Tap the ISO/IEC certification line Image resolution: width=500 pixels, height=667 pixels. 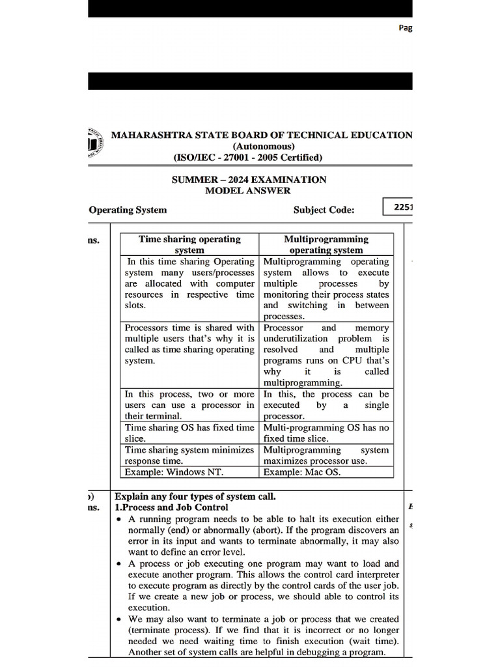[x=247, y=157]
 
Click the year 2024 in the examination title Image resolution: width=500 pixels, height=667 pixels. [x=243, y=179]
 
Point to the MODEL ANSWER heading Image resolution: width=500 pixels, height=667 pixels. [x=248, y=190]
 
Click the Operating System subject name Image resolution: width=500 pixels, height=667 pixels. [x=128, y=210]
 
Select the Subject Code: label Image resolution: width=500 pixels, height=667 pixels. [x=324, y=210]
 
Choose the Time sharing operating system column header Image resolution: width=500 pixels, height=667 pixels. [x=189, y=244]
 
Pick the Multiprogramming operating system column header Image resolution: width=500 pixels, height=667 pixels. [x=326, y=244]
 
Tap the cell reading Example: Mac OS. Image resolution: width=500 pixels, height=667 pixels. [x=301, y=472]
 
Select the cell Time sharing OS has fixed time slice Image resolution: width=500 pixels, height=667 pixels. [x=189, y=433]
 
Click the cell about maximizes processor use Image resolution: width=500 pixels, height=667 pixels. [x=326, y=455]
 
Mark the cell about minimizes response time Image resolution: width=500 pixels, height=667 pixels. [x=189, y=455]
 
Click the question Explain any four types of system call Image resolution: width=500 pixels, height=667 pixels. [x=195, y=496]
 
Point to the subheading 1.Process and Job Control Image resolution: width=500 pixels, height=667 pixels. [x=171, y=507]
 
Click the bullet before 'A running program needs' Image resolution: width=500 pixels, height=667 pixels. [x=118, y=519]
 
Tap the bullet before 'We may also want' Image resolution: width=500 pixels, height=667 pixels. [x=118, y=619]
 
